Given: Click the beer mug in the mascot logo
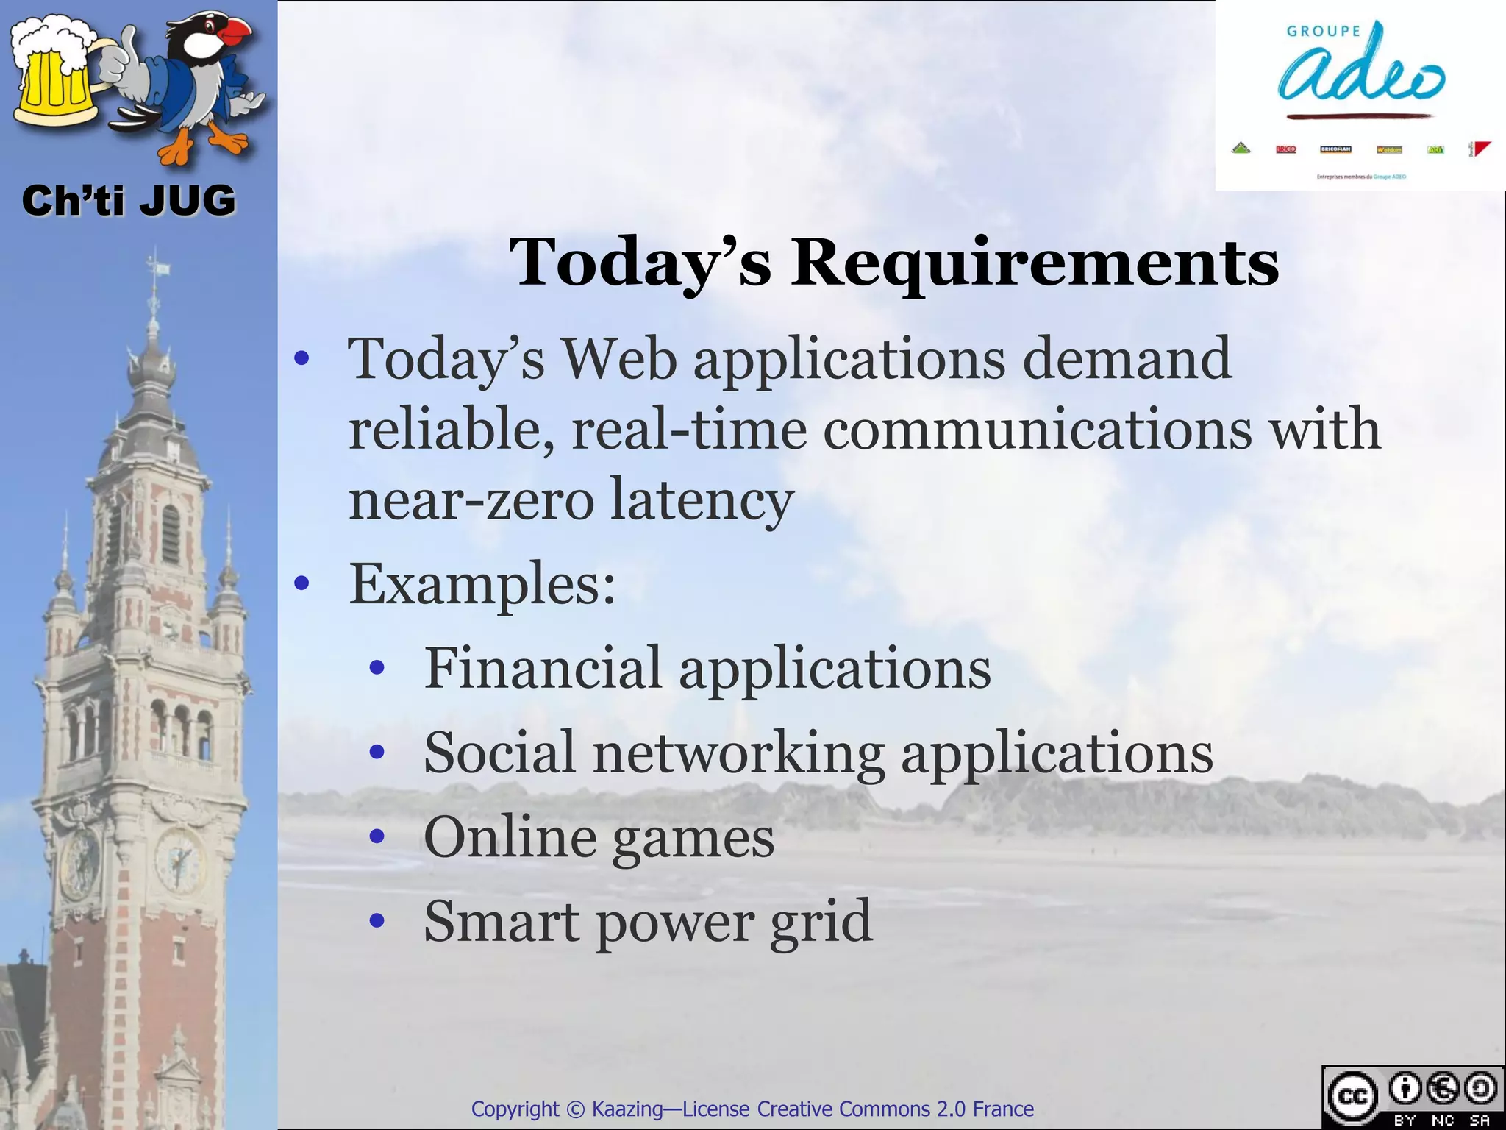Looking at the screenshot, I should [x=55, y=81].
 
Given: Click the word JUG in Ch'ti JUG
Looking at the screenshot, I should [x=188, y=201].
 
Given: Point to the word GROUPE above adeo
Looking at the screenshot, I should [x=1323, y=31].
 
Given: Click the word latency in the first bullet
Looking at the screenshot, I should [x=702, y=499].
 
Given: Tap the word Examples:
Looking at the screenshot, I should [x=482, y=583].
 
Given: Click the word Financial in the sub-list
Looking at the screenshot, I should [x=543, y=667].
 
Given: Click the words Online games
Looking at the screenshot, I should [x=599, y=836].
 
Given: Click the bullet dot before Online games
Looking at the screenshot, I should [x=377, y=836].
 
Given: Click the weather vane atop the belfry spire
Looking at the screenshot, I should [x=155, y=265].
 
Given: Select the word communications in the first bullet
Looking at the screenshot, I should [x=1037, y=429].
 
